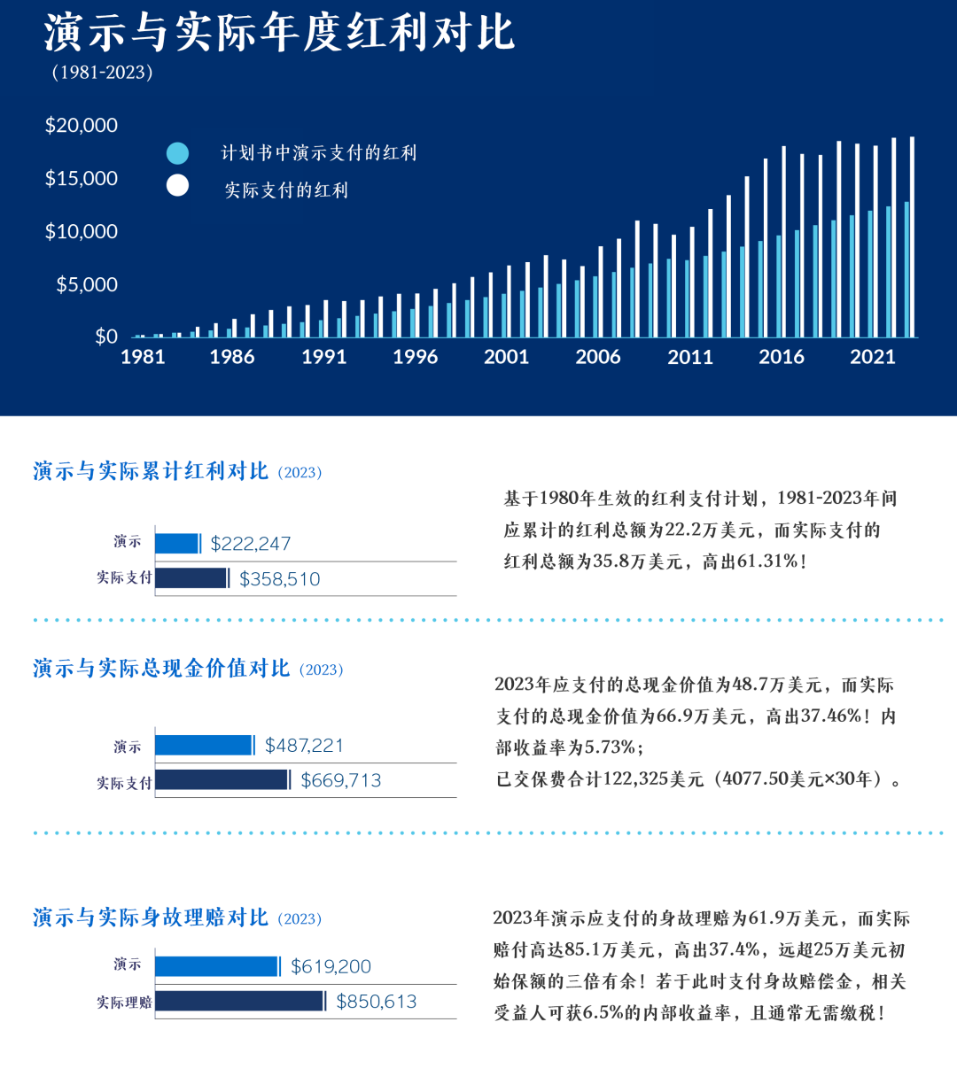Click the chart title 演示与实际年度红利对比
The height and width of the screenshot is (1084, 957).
[279, 34]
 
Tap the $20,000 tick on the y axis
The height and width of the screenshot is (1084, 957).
[82, 126]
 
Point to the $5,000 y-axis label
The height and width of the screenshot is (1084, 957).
[87, 285]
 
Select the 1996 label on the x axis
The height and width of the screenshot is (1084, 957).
[415, 357]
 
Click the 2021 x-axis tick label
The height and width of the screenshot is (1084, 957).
[873, 357]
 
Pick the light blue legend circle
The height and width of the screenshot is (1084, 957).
[177, 153]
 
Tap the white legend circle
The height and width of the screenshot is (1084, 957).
[177, 185]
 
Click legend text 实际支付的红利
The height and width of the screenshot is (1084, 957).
[286, 190]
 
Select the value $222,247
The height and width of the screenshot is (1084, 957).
[251, 544]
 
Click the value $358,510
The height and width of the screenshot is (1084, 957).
[280, 579]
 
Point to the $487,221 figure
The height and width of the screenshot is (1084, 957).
[304, 746]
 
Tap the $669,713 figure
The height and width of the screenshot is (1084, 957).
[341, 780]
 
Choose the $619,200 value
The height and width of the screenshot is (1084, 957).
[331, 966]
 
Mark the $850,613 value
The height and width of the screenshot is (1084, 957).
[377, 1002]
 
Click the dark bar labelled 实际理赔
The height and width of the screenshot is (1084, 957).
[239, 1001]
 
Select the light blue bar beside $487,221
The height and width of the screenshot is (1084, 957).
[204, 746]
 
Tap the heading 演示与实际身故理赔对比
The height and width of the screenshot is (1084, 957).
[151, 918]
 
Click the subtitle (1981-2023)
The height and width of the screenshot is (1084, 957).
[102, 73]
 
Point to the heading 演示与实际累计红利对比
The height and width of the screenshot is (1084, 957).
[151, 471]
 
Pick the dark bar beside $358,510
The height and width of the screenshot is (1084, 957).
[191, 578]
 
